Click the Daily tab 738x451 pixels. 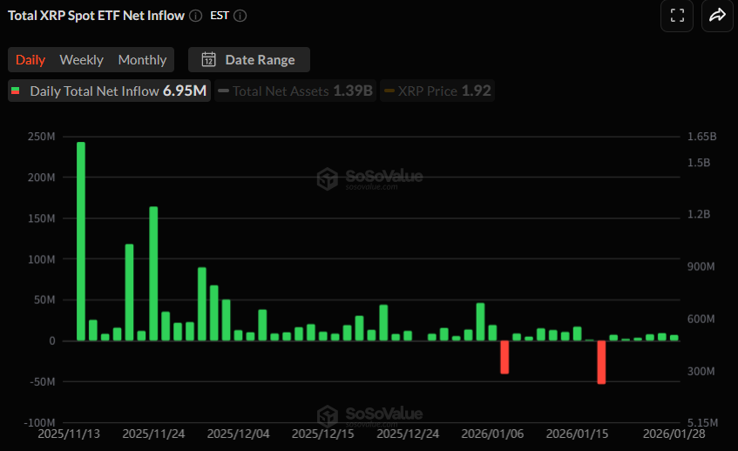tap(30, 60)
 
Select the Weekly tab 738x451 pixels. tap(81, 60)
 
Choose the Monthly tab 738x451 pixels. tap(142, 60)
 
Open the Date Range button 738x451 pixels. tap(249, 60)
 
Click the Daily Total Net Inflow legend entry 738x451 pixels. tap(109, 91)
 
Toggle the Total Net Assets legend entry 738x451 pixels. tap(295, 91)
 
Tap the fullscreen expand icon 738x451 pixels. tap(677, 15)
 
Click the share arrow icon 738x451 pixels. tap(717, 15)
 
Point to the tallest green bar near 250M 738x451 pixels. tap(81, 241)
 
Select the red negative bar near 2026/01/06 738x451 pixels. tap(504, 357)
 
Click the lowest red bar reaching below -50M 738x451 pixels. tap(601, 361)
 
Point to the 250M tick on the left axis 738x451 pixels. tap(41, 137)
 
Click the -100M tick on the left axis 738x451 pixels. tap(39, 422)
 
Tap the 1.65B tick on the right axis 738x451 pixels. tap(701, 137)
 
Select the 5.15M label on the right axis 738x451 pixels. tap(701, 422)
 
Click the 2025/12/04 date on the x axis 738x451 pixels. tap(238, 433)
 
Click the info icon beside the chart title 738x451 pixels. tap(195, 16)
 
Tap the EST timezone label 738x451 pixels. tap(220, 16)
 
